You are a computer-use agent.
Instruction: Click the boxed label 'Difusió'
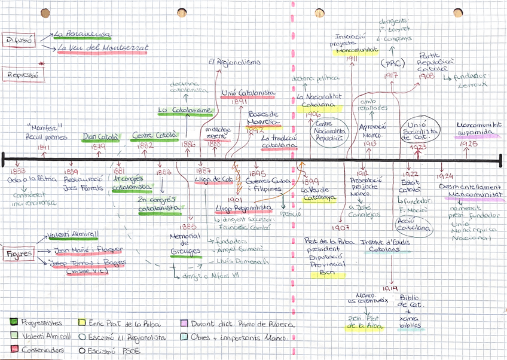coord(20,41)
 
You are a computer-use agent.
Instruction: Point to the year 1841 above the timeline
coord(43,147)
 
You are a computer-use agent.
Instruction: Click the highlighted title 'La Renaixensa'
coord(82,35)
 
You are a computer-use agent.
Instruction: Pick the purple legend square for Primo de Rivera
coord(185,324)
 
